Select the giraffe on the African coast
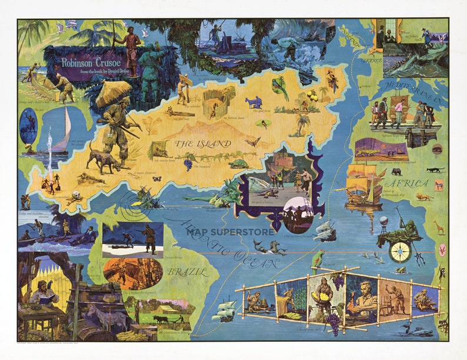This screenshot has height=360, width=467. pos(439,226)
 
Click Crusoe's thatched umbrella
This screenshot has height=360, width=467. pos(114,92)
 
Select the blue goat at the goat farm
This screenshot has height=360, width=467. pos(255,102)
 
